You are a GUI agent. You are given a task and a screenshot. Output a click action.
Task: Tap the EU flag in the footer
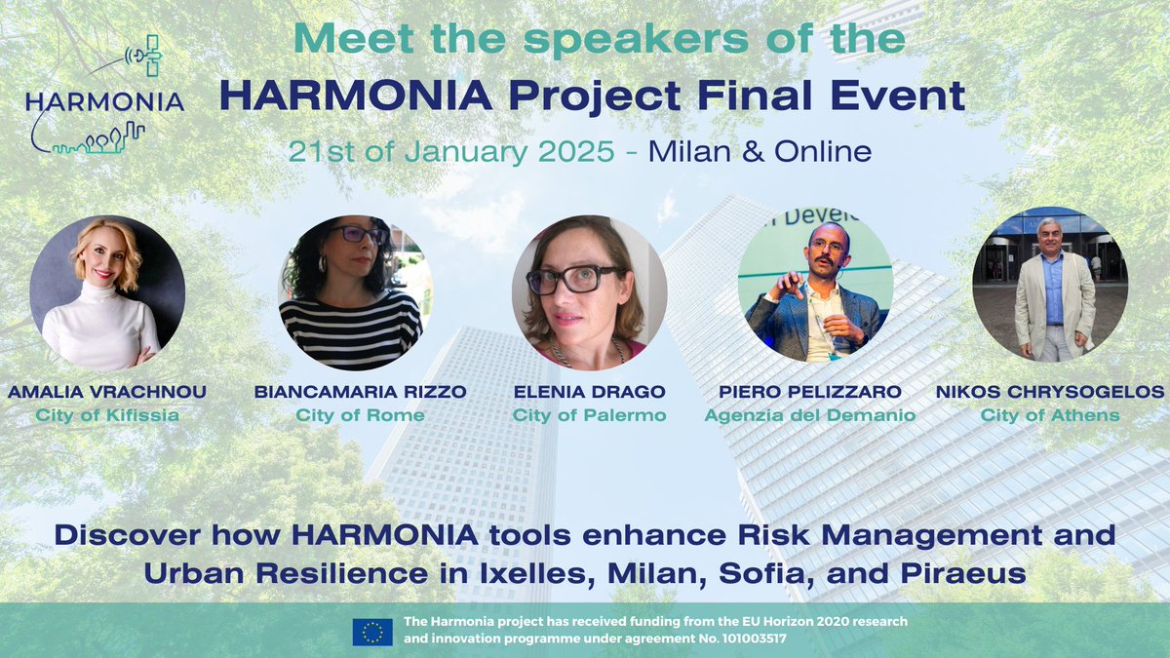372,632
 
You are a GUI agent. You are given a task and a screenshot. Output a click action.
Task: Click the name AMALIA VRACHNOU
107,392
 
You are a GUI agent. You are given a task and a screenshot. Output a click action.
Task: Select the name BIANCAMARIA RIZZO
360,392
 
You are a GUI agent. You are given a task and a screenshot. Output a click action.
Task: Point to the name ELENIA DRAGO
590,392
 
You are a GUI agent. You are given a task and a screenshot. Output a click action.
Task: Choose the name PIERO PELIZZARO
810,392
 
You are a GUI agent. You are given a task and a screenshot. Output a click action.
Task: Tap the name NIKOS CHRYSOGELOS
1050,392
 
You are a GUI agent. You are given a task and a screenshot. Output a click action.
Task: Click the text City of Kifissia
107,415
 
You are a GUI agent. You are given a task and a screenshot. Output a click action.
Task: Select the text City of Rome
360,415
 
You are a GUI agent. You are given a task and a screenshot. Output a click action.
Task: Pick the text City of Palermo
590,415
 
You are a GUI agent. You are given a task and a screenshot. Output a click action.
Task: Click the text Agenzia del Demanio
810,415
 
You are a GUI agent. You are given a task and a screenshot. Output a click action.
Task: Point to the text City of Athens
1050,415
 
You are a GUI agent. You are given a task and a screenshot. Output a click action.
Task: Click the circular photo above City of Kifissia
107,292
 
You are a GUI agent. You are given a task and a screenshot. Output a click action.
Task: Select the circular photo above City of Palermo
590,292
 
